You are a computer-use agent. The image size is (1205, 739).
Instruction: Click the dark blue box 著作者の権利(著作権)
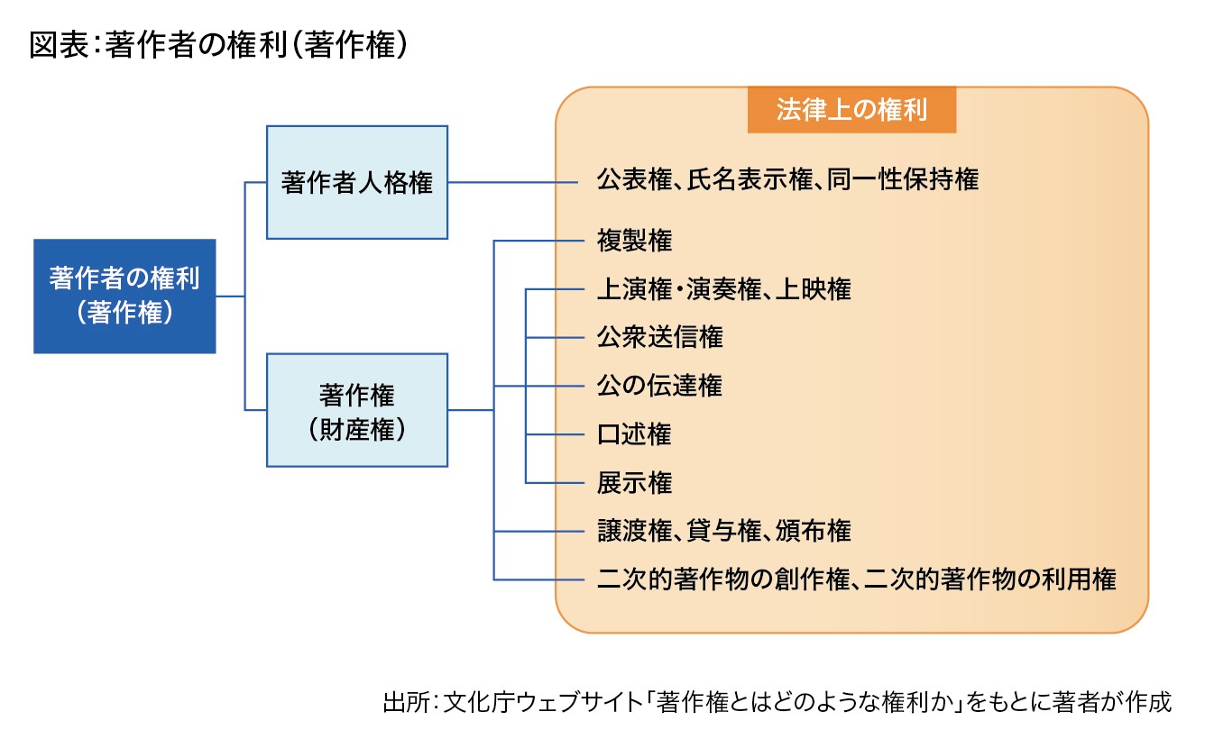[124, 296]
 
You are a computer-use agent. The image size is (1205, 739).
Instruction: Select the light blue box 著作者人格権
[357, 182]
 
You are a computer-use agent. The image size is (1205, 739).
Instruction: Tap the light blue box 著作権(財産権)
[357, 410]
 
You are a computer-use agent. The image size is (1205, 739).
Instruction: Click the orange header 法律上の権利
[851, 110]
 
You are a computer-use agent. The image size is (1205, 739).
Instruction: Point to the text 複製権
[634, 241]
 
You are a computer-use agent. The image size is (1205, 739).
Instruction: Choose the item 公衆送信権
[659, 337]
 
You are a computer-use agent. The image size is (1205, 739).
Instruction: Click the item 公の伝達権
[659, 386]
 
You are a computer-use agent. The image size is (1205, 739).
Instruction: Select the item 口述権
[634, 434]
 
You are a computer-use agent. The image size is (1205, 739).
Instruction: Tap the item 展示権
[634, 483]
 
